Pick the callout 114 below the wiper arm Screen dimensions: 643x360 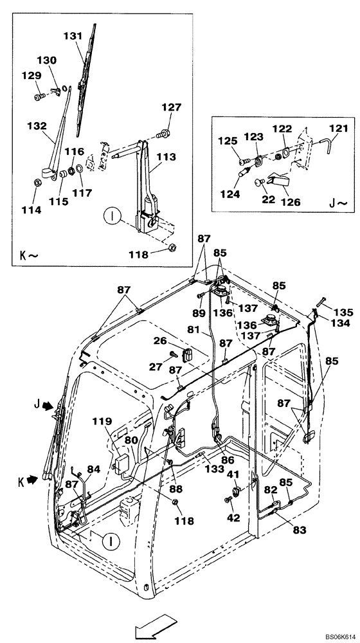tap(31, 210)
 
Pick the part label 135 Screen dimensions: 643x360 tap(345, 312)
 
